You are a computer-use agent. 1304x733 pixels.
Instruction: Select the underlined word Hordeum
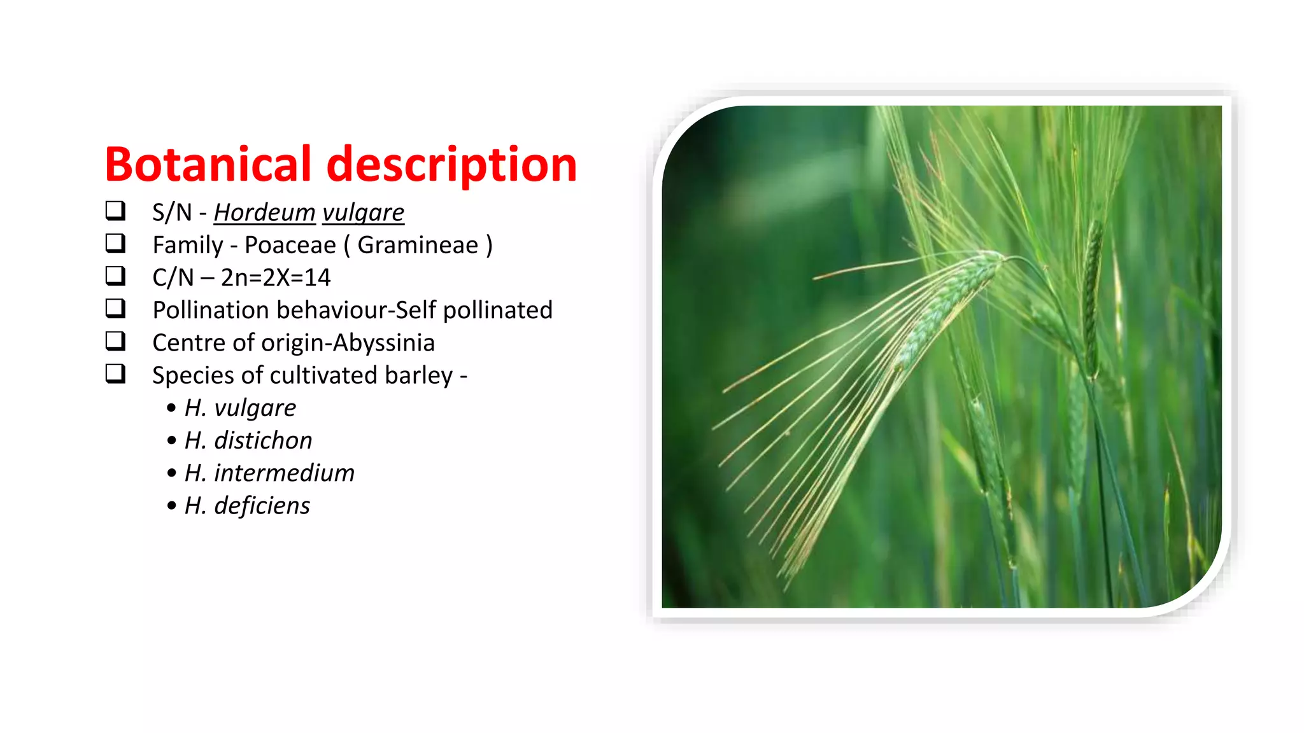(x=264, y=213)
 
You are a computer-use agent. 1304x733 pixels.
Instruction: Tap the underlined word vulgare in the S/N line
(x=363, y=213)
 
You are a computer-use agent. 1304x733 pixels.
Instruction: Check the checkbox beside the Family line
(x=115, y=243)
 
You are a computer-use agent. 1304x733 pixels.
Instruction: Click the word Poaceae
(x=290, y=245)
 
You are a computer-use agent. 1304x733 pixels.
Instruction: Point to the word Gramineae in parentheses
(x=418, y=245)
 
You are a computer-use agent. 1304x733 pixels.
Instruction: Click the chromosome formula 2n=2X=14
(x=276, y=277)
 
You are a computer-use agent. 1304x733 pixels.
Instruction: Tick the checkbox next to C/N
(x=115, y=276)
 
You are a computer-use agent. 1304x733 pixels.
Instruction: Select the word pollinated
(x=497, y=310)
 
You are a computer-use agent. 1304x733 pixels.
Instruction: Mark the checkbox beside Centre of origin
(x=115, y=341)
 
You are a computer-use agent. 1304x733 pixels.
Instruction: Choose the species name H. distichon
(x=248, y=440)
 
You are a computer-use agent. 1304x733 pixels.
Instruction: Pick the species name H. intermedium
(x=269, y=473)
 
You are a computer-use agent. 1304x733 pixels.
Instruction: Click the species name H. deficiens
(x=247, y=506)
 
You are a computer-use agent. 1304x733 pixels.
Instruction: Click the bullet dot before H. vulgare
(x=171, y=408)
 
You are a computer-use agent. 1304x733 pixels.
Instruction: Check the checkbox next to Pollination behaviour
(x=115, y=308)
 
